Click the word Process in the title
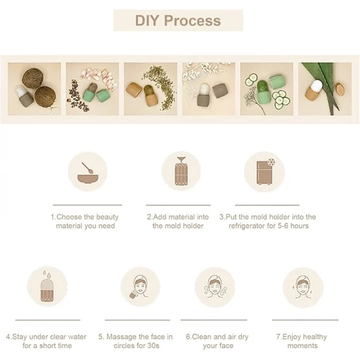pos(192,21)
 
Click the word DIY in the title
pos(147,21)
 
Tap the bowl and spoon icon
pos(88,173)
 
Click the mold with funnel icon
pos(181,171)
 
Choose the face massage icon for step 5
pos(140,287)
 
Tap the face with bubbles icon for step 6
pos(215,287)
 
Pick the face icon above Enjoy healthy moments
pos(303,287)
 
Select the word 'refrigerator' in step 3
pos(247,226)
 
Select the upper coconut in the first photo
pos(32,77)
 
